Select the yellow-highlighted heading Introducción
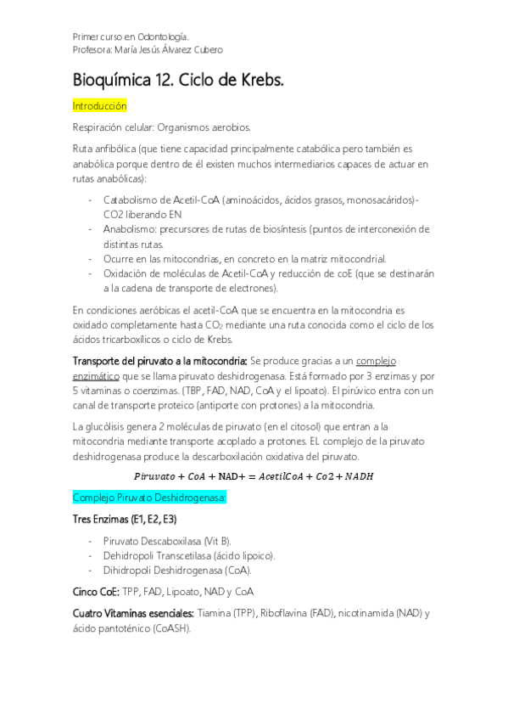tap(100, 106)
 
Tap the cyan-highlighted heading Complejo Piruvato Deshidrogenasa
tap(148, 497)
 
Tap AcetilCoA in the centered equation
tap(287, 475)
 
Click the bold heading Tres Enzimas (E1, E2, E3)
tap(126, 519)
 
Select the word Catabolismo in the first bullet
tap(133, 200)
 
